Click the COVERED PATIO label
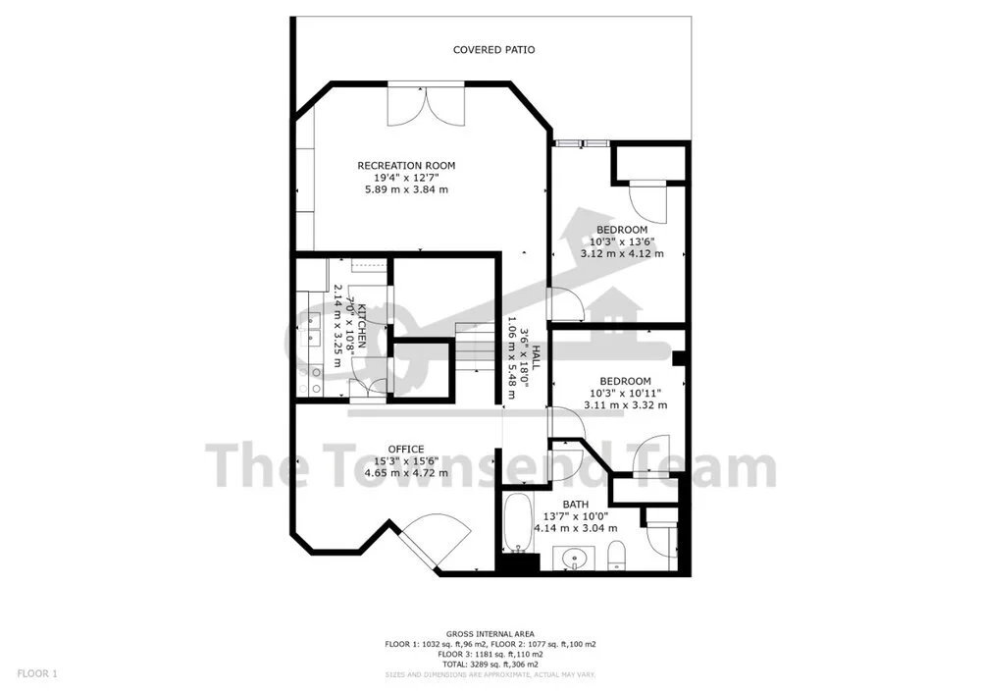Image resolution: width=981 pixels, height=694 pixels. click(493, 50)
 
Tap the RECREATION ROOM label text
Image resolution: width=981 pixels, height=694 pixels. click(406, 165)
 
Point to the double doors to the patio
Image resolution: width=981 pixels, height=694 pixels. click(422, 105)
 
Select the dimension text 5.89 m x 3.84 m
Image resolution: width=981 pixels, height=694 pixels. click(406, 189)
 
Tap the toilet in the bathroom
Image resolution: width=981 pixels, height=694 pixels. click(615, 556)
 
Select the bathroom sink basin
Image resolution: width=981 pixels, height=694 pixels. click(573, 559)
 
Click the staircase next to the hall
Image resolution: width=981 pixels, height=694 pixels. click(474, 348)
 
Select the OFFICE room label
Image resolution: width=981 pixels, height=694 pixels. click(406, 449)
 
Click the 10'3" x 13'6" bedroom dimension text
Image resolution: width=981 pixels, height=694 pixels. click(622, 241)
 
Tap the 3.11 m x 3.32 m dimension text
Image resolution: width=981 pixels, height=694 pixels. click(625, 404)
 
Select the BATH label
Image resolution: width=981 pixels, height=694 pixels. click(576, 505)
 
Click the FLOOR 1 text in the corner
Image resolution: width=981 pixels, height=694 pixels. click(37, 673)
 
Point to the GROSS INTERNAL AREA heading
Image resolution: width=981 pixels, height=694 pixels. click(490, 634)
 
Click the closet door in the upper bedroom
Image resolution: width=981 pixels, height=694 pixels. click(647, 201)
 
